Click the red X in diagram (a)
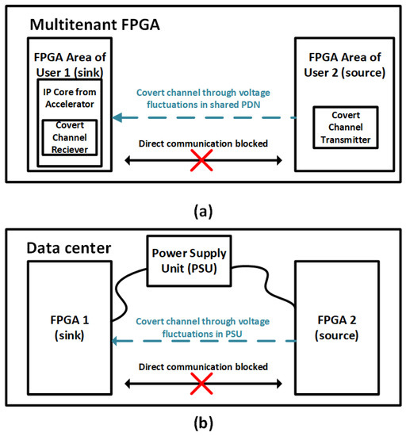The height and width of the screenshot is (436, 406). pyautogui.click(x=202, y=161)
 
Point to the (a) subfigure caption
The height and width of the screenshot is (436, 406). pyautogui.click(x=202, y=210)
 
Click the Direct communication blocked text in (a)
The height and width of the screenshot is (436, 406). pyautogui.click(x=204, y=145)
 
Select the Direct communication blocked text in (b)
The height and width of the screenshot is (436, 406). pyautogui.click(x=204, y=367)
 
